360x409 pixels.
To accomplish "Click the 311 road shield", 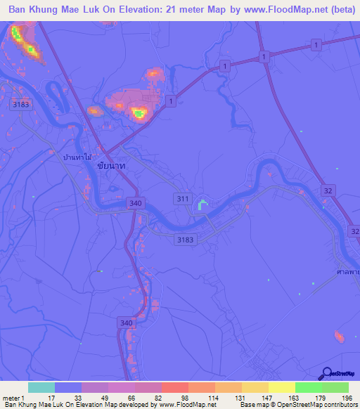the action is [183, 200].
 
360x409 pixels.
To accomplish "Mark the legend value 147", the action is [266, 397].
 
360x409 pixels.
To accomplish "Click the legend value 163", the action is [292, 397].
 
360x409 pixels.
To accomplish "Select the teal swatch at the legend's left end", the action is [41, 387].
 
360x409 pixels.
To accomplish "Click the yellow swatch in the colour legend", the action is [281, 387].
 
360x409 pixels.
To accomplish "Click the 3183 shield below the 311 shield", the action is [185, 240].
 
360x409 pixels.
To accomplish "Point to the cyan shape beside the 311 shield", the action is [202, 205].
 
